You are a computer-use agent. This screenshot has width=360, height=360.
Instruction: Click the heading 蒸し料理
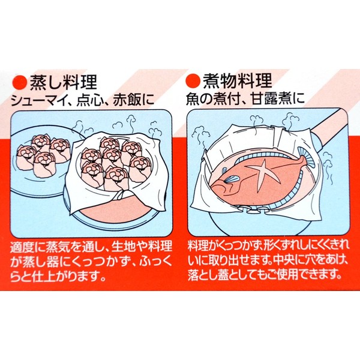pos(64,82)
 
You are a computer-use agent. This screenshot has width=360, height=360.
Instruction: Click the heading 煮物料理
pos(237,81)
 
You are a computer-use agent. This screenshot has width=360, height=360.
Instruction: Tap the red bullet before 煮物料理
pos(193,81)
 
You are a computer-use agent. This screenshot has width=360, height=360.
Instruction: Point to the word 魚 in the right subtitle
pos(193,99)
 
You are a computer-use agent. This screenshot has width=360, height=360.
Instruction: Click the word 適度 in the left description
pos(23,247)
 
